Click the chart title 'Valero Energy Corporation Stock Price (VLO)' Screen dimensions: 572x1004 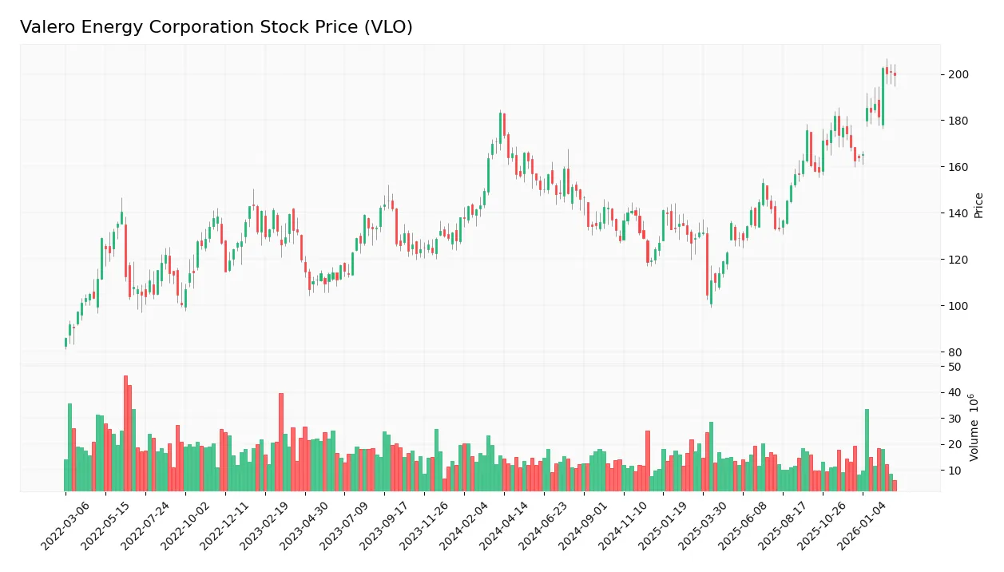click(216, 27)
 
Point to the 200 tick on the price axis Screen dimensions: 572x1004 click(958, 74)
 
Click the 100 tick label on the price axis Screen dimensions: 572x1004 click(958, 306)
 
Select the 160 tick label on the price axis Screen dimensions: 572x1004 click(958, 167)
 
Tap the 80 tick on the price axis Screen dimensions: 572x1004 click(955, 352)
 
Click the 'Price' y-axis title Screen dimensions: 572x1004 click(979, 205)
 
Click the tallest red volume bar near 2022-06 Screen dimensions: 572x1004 click(125, 433)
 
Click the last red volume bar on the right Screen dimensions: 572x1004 click(895, 486)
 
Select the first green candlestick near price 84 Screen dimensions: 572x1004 click(65, 343)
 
